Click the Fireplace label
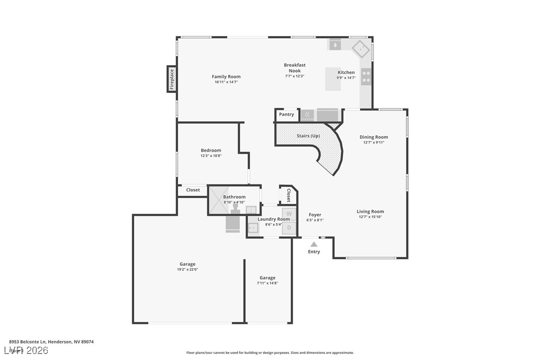pyautogui.click(x=172, y=79)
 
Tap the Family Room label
pyautogui.click(x=226, y=77)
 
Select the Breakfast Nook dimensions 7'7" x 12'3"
pyautogui.click(x=295, y=77)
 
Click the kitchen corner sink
pyautogui.click(x=360, y=49)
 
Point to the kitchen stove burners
pyautogui.click(x=366, y=77)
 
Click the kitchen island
pyautogui.click(x=333, y=79)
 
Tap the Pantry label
pyautogui.click(x=286, y=114)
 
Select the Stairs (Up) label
pyautogui.click(x=308, y=136)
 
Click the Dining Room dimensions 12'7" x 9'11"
pyautogui.click(x=374, y=143)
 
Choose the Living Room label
pyautogui.click(x=370, y=211)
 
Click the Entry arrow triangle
pyautogui.click(x=314, y=244)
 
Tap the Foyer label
pyautogui.click(x=315, y=215)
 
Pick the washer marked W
pyautogui.click(x=289, y=214)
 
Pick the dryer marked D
pyautogui.click(x=289, y=228)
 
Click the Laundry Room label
pyautogui.click(x=273, y=219)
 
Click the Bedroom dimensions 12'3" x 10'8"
pyautogui.click(x=211, y=156)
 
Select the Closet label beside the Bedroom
pyautogui.click(x=193, y=190)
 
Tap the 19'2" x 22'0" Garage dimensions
pyautogui.click(x=187, y=270)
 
